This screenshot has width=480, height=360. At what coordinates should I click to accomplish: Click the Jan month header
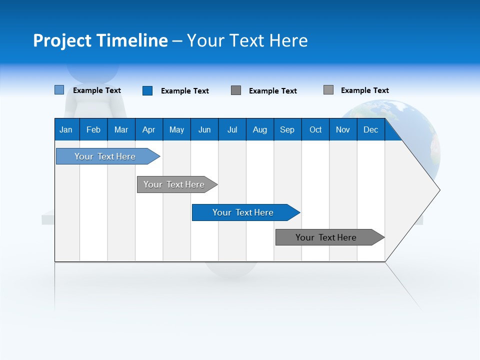(66, 129)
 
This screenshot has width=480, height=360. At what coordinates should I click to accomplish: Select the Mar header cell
(121, 129)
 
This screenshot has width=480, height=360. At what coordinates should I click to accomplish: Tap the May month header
(176, 129)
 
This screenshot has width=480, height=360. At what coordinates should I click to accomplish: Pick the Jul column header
(232, 129)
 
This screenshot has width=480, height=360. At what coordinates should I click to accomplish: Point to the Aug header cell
(259, 129)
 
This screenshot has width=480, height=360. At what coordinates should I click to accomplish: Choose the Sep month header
(287, 129)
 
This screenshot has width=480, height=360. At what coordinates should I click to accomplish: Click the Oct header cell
(315, 129)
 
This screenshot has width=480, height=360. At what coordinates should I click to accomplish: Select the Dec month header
(370, 129)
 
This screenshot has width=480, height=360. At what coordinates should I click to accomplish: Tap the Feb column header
(93, 129)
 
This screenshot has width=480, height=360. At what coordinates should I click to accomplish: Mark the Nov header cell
(343, 129)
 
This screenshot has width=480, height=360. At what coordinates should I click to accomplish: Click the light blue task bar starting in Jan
(105, 156)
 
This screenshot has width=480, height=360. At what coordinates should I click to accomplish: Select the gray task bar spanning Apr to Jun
(174, 184)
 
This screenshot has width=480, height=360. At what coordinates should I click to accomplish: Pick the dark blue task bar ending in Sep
(243, 212)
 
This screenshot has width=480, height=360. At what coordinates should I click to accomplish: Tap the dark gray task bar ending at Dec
(326, 237)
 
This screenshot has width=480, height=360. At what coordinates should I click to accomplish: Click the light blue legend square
(59, 90)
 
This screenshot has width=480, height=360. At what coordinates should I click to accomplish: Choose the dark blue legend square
(147, 90)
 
